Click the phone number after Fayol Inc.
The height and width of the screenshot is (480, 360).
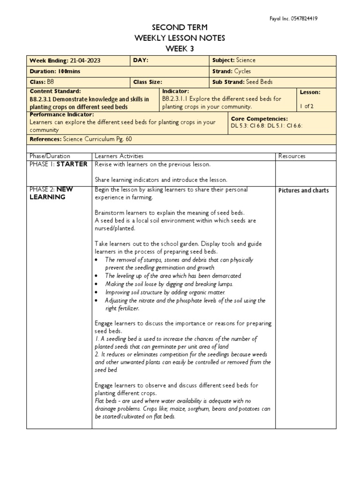tap(304, 19)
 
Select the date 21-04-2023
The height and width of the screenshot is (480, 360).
tap(85, 60)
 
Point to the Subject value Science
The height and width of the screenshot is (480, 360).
tap(246, 60)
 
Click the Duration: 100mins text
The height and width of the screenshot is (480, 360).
tap(52, 71)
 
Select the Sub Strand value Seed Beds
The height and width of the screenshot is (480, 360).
tap(259, 82)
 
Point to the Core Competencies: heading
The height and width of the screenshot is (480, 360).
tap(259, 119)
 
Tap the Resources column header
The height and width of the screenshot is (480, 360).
tap(292, 156)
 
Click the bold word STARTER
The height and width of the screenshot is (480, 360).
tap(72, 164)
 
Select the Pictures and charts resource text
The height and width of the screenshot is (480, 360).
tap(304, 190)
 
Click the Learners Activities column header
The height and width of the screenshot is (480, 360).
tap(119, 156)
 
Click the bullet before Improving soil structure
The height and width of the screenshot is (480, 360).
tap(96, 292)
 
